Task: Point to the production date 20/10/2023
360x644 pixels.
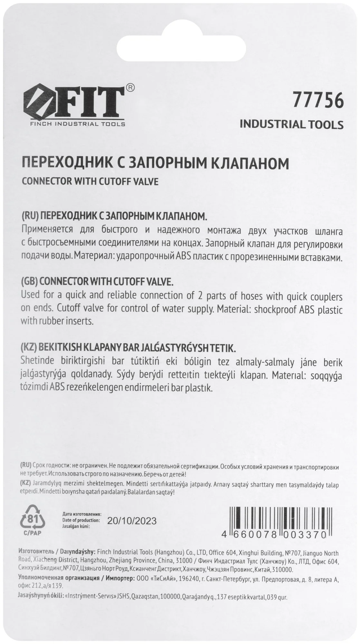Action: [132, 521]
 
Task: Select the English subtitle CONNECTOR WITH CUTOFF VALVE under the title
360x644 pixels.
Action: [90, 182]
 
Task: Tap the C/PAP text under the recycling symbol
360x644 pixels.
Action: [32, 533]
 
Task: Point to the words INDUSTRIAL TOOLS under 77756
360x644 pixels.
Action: [291, 125]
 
